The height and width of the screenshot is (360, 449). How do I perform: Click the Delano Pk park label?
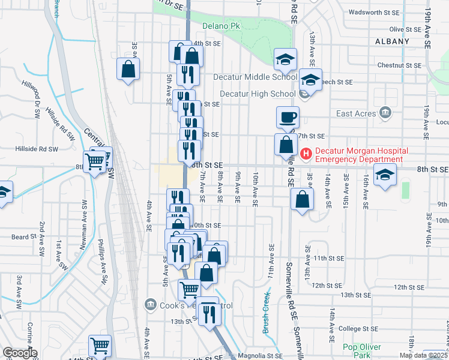pyautogui.click(x=221, y=26)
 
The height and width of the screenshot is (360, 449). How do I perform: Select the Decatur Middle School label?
pyautogui.click(x=255, y=77)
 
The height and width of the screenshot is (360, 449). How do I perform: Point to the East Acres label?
pyautogui.click(x=356, y=113)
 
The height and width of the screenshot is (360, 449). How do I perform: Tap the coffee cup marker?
pyautogui.click(x=288, y=118)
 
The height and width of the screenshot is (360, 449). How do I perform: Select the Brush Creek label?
pyautogui.click(x=266, y=313)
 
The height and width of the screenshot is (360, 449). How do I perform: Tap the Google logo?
pyautogui.click(x=19, y=353)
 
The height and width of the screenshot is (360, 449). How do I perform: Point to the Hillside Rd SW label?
pyautogui.click(x=36, y=149)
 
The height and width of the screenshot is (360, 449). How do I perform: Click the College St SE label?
pyautogui.click(x=358, y=329)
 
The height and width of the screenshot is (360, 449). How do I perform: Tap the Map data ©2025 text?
pyautogui.click(x=422, y=355)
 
